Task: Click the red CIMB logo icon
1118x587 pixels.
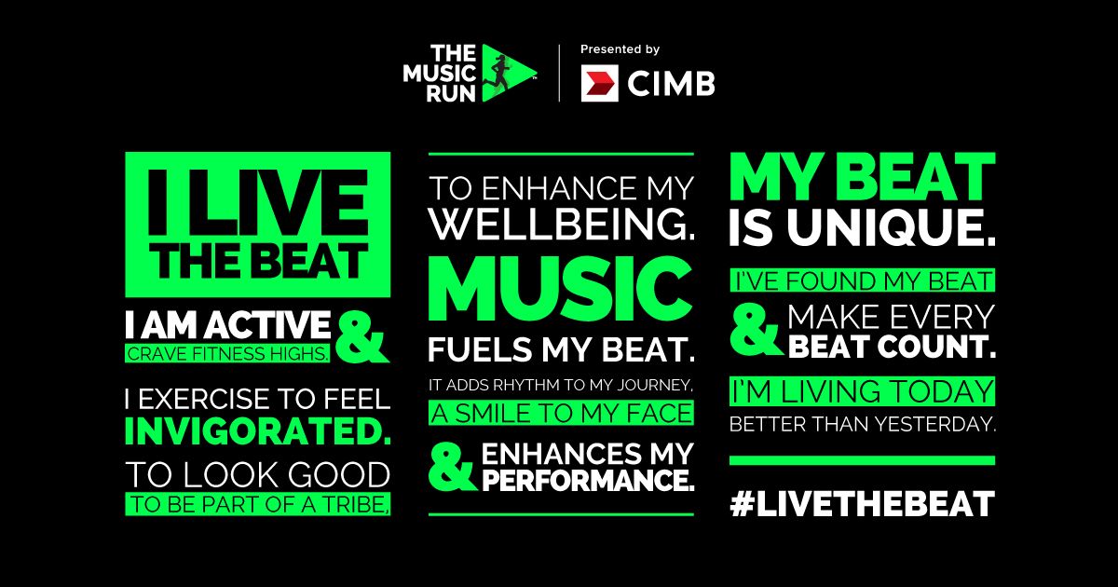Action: pos(600,84)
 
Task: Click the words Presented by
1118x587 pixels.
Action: pos(620,49)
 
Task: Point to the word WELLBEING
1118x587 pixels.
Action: pos(562,225)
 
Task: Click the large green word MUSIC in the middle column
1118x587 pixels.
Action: pos(561,287)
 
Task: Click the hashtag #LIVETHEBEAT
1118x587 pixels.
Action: pos(862,504)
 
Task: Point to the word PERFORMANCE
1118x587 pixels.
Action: pos(589,483)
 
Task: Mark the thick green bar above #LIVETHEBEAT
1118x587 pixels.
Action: pos(862,460)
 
